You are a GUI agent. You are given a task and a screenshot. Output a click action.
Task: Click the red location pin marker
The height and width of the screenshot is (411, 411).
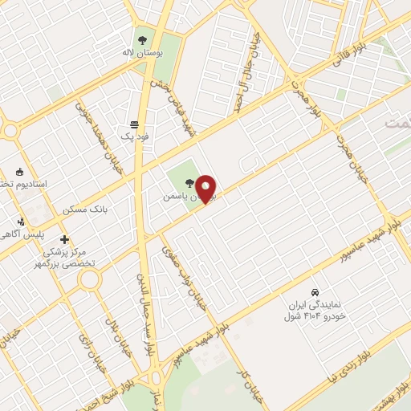tap(206, 189)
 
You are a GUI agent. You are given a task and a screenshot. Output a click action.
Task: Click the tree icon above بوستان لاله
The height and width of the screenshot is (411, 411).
tap(141, 39)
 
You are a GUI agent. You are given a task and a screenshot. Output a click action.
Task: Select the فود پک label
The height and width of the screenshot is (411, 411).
tap(135, 137)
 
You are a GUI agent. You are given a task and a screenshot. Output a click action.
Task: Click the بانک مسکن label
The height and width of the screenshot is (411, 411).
tap(85, 210)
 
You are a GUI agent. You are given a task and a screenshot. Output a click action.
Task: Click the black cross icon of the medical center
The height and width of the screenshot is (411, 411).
tap(65, 239)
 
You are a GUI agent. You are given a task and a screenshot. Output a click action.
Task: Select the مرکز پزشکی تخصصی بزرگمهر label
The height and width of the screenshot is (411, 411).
tap(68, 257)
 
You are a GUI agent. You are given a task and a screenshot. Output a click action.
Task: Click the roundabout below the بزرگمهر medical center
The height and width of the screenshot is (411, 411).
tap(89, 279)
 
